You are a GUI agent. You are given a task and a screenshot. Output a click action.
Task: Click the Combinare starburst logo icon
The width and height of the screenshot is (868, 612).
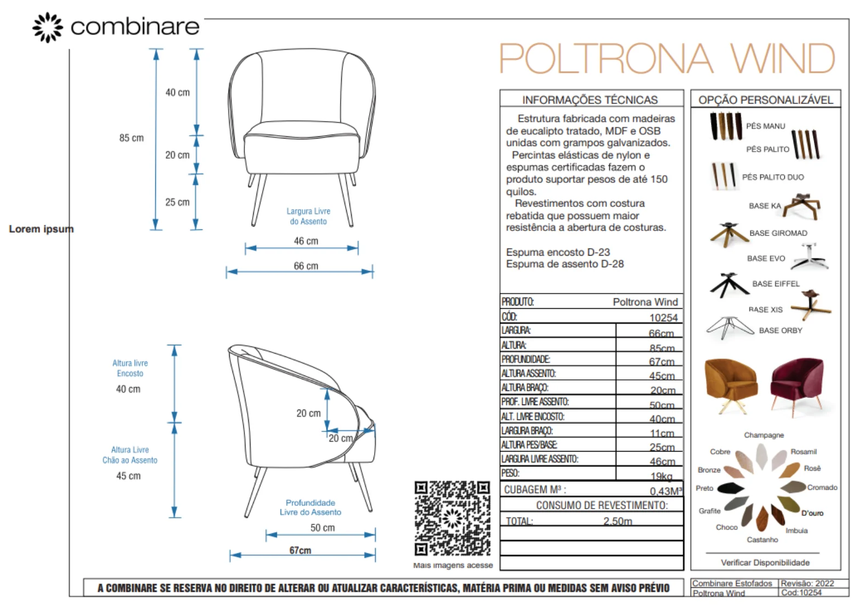pos(48,27)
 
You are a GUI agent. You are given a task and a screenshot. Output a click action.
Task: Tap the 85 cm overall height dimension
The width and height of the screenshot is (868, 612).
pos(131,138)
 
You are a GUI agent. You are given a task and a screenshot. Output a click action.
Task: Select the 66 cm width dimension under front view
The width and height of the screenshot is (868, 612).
pos(306,266)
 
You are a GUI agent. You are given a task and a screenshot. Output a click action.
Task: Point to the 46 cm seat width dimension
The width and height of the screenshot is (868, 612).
pos(306,241)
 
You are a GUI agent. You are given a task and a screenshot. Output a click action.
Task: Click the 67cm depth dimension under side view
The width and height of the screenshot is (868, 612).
pos(300,550)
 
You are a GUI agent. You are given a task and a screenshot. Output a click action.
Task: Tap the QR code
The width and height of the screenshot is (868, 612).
pos(452,518)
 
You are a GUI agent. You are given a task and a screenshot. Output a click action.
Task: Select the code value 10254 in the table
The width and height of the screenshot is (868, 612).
pos(663,317)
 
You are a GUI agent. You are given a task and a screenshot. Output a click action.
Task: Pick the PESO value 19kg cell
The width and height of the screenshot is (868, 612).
pos(661,476)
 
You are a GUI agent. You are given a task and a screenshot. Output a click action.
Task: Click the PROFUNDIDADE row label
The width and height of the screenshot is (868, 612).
pos(526,360)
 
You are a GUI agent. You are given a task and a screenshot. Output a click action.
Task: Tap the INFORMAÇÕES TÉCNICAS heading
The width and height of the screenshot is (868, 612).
pos(590,100)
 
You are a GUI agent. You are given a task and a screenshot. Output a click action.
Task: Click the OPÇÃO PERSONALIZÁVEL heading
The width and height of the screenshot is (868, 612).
pos(766,100)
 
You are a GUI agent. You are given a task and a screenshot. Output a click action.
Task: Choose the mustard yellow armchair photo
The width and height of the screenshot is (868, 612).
pos(731,385)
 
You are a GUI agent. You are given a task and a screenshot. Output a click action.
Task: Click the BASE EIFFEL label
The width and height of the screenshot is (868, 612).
pos(776,284)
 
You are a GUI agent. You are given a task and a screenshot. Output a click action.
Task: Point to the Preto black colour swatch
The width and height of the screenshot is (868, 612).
pos(731,488)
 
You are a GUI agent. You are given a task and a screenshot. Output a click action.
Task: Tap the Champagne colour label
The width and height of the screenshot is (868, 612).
pos(764,435)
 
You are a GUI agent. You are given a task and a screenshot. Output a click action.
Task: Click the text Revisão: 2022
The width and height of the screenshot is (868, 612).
pos(807,584)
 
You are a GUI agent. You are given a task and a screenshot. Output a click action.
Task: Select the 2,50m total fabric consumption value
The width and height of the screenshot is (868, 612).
pos(617,521)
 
